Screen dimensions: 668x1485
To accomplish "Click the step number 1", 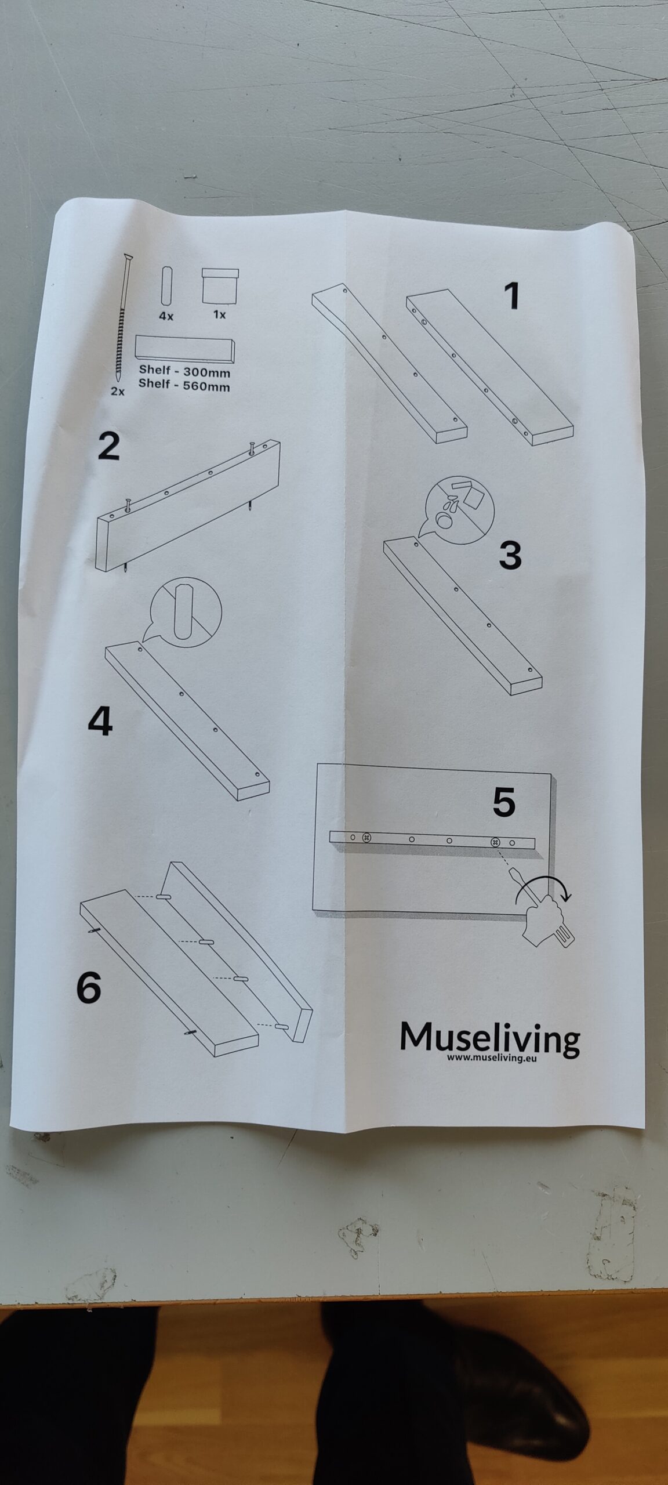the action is [511, 296].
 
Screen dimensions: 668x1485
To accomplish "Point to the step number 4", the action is [100, 722].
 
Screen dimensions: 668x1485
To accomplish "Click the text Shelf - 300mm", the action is [184, 372].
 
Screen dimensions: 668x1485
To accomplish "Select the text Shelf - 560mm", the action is [184, 385].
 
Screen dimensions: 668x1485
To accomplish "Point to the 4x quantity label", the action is [166, 317].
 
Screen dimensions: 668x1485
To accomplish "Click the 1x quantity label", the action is [219, 314].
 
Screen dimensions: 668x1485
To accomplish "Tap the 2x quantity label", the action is [118, 392].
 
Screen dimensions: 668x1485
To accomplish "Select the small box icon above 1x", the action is [219, 285].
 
